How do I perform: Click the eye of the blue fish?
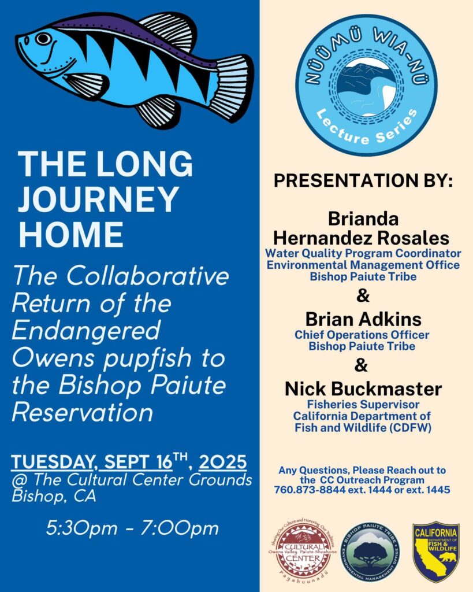click(x=43, y=39)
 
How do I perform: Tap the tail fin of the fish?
click(x=232, y=84)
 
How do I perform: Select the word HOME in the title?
click(x=71, y=235)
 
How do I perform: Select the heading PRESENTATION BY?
click(x=363, y=180)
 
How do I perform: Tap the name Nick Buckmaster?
click(x=363, y=389)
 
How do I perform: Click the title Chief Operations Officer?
click(x=362, y=335)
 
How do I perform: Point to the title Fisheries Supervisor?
click(x=363, y=405)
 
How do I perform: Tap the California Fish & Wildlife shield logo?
click(x=435, y=551)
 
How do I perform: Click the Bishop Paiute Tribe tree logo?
click(x=370, y=551)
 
